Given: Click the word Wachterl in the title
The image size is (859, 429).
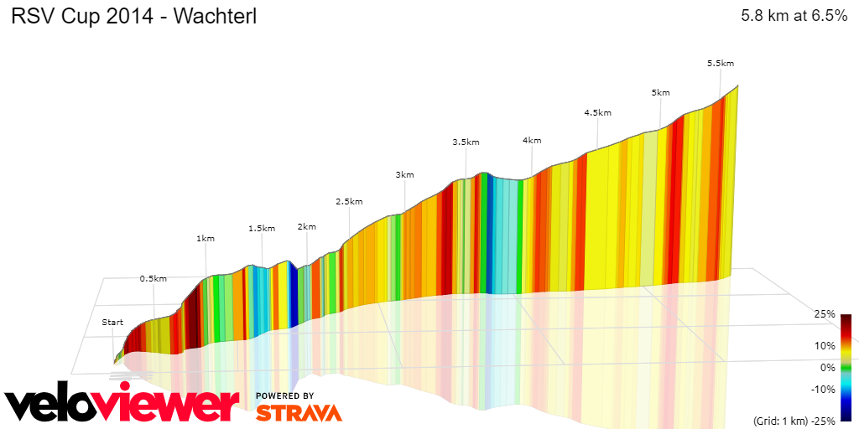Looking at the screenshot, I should (x=214, y=17).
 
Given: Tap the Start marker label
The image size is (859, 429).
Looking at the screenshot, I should (x=112, y=323).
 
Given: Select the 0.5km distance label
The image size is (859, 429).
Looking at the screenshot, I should (x=154, y=278).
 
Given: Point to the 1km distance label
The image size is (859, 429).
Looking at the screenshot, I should (x=206, y=238).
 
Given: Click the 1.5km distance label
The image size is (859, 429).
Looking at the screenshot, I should (x=262, y=228).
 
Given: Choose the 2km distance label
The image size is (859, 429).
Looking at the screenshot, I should (x=307, y=226).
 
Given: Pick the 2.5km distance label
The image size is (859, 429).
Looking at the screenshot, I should (x=349, y=201).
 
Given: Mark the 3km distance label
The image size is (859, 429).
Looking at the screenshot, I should (x=405, y=174).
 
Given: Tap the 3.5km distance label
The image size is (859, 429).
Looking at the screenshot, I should (x=466, y=142).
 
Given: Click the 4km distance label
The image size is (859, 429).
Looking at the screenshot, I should (x=532, y=140).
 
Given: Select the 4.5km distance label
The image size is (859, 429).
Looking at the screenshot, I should (x=598, y=112).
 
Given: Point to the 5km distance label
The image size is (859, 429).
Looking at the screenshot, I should (x=661, y=92).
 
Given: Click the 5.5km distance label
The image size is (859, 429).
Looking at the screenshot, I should (x=721, y=64).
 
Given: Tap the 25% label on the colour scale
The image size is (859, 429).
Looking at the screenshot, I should (x=824, y=314).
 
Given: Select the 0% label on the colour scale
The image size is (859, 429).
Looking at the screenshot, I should (x=827, y=367).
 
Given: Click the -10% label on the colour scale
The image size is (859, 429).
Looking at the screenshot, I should (x=824, y=389).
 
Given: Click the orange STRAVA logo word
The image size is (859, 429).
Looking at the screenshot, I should (x=299, y=412).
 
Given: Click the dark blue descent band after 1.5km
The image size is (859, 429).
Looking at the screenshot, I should (x=293, y=293).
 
